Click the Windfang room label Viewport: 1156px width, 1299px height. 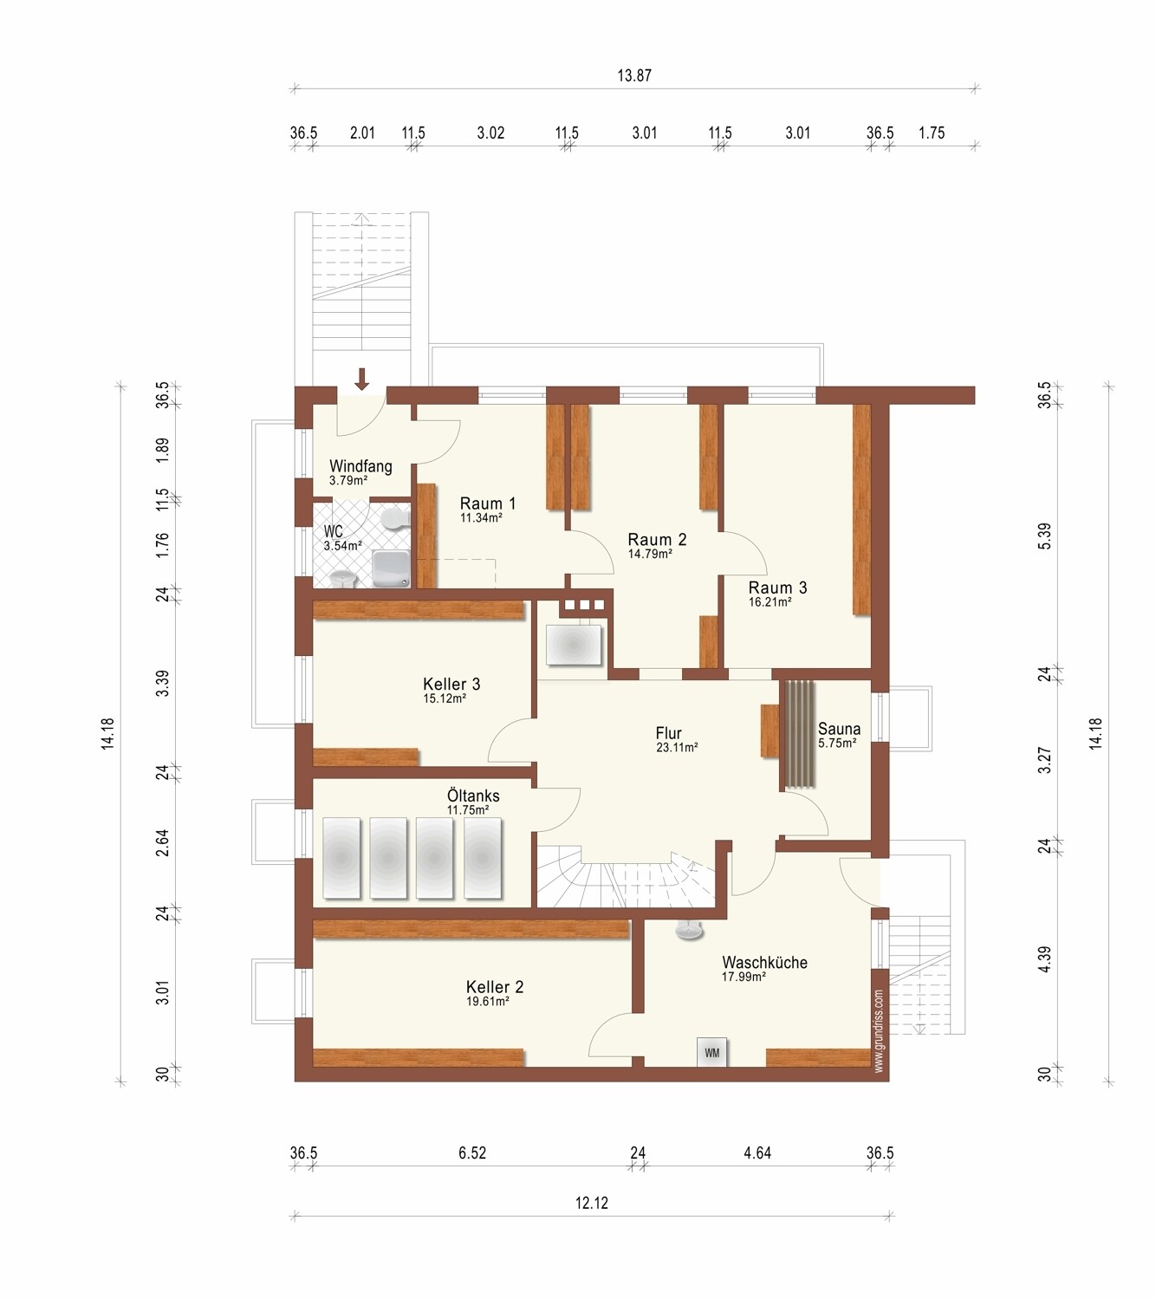pos(360,465)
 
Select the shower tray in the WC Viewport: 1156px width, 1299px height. pos(391,568)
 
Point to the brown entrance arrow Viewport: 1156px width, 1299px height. pos(361,379)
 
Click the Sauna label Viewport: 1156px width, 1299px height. pos(839,729)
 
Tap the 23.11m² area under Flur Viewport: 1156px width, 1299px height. pos(677,747)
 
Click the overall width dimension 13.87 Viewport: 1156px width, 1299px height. pos(634,75)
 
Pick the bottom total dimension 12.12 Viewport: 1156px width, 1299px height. pos(591,1203)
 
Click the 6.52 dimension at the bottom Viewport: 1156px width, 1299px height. pos(472,1153)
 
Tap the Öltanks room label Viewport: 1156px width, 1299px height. pos(473,796)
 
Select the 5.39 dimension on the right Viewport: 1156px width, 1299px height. pos(1044,536)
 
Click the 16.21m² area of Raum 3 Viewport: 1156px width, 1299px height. pos(770,602)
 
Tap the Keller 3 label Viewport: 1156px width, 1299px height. pos(451,684)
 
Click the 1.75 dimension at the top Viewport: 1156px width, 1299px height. pos(932,133)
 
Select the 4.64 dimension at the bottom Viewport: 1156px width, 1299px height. pos(757,1153)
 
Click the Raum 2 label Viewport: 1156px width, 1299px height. pos(657,539)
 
